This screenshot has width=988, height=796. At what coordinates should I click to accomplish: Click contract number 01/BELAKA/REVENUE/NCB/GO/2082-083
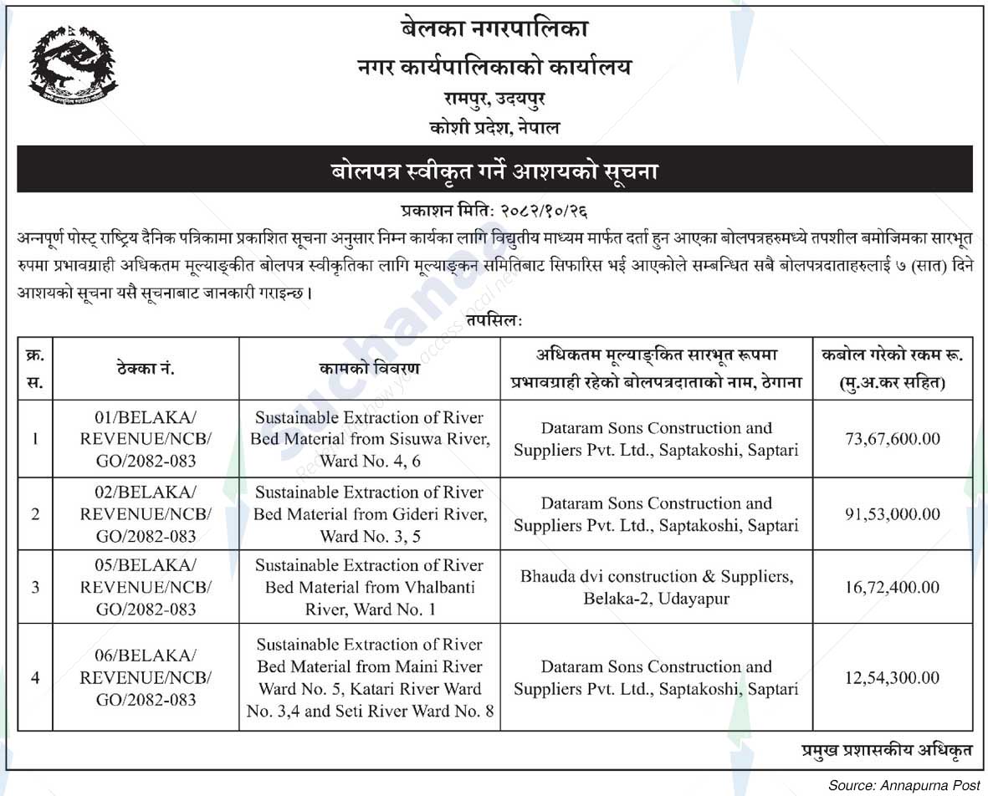[x=146, y=439]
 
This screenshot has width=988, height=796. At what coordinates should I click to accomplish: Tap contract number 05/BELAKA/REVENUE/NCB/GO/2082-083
[x=146, y=587]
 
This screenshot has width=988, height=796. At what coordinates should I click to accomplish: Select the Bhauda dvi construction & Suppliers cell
[x=656, y=588]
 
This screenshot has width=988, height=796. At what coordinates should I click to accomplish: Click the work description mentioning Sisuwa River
[x=370, y=439]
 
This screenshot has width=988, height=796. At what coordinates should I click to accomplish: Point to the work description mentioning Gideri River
[x=370, y=514]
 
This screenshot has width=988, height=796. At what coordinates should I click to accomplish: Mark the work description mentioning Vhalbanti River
[x=370, y=587]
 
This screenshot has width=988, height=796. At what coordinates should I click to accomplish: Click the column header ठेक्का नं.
[x=146, y=369]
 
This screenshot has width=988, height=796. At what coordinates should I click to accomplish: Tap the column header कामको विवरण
[x=370, y=369]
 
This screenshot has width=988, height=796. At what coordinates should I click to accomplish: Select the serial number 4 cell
[x=35, y=677]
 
